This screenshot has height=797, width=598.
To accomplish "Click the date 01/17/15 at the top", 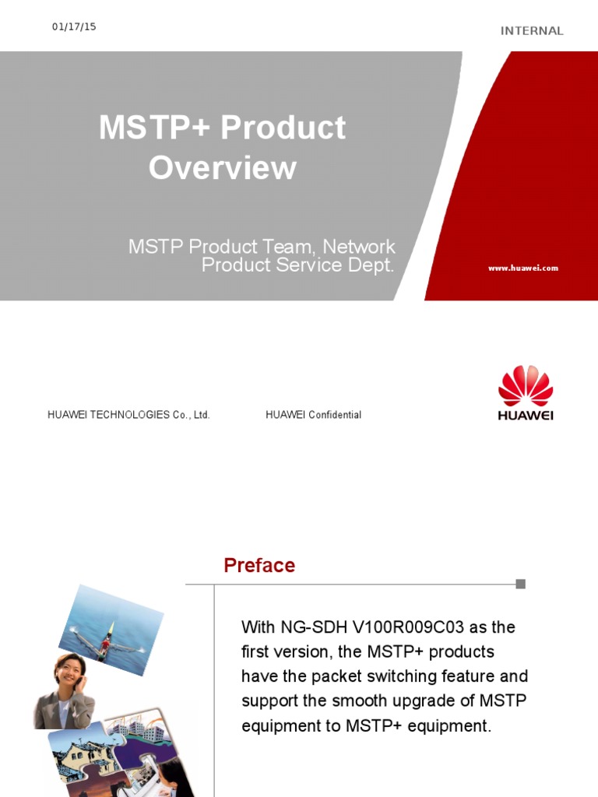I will pos(74,26).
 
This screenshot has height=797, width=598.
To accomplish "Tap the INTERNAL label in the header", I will pos(532,31).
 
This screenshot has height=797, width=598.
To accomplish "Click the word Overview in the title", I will pos(223,168).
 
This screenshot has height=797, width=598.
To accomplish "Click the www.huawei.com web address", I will pos(523,268).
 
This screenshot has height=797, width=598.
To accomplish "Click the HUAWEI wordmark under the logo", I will pos(526,415).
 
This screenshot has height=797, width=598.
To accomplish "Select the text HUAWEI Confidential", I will pos(313,415).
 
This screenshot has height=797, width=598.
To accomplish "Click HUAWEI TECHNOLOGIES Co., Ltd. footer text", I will pos(128,415).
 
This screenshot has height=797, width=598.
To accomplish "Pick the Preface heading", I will pos(259,565).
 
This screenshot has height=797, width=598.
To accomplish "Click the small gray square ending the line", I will pos(521,584).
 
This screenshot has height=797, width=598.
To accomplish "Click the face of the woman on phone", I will pos(68,669).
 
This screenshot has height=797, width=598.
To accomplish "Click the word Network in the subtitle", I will pos(359,248).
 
